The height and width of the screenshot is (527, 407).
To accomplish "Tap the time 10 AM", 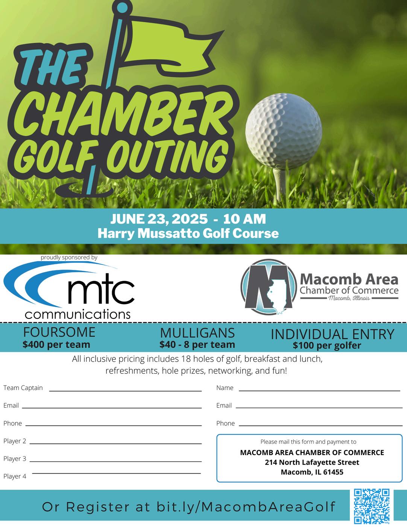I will [245, 219].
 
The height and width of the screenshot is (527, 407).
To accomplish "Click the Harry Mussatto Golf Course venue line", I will [188, 233].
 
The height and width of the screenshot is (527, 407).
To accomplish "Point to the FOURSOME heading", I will [59, 332].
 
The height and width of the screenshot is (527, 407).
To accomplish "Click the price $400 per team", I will [56, 344].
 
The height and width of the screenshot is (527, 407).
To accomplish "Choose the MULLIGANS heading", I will [197, 333].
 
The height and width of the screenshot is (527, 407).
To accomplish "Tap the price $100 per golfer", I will [327, 345].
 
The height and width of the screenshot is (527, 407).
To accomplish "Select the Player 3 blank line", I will [118, 461].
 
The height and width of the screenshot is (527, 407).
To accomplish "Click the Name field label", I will [225, 388].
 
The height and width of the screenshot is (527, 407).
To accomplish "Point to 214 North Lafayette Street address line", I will [312, 462].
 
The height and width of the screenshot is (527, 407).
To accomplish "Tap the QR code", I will [372, 506].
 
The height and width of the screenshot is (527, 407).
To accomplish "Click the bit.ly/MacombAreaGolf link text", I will [246, 507].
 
